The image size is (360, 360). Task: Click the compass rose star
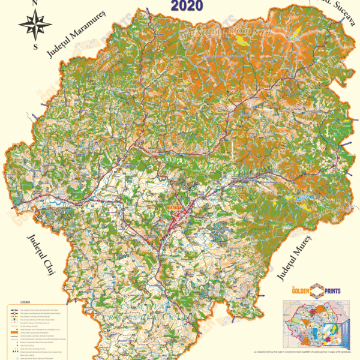35,24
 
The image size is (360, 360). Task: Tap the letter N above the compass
35,4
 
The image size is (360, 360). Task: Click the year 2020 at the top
187,7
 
